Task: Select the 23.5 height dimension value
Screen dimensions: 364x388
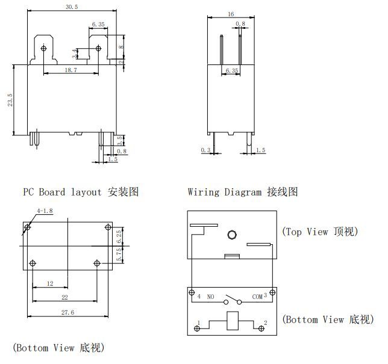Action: click(10, 100)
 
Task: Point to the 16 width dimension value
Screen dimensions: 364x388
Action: click(231, 13)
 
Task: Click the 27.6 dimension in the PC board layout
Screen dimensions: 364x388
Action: click(68, 313)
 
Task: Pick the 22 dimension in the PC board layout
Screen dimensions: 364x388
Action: click(64, 297)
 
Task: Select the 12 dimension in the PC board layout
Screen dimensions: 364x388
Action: click(49, 283)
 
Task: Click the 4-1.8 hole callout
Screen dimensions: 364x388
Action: click(45, 211)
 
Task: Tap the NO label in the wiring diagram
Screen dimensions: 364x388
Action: click(211, 297)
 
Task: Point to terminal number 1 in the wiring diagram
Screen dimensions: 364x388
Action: click(199, 324)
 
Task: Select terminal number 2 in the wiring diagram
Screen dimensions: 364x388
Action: click(265, 324)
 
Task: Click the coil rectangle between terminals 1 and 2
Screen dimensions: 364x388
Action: click(232, 321)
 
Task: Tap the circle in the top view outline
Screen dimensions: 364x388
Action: click(231, 235)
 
